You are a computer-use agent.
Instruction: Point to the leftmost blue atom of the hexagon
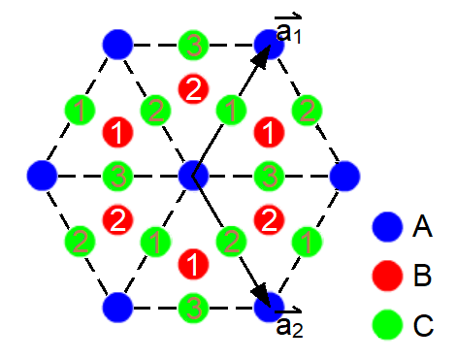pyautogui.click(x=41, y=176)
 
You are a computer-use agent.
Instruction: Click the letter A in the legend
pyautogui.click(x=422, y=229)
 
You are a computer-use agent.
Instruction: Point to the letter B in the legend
pyautogui.click(x=422, y=278)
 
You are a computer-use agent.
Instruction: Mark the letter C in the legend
pyautogui.click(x=422, y=325)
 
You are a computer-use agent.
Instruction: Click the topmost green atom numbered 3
pyautogui.click(x=193, y=44)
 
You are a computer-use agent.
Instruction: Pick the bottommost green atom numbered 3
pyautogui.click(x=193, y=309)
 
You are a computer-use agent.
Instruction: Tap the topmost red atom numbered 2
pyautogui.click(x=193, y=88)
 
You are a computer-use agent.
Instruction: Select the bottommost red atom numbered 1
pyautogui.click(x=193, y=262)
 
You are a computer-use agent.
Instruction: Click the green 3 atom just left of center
pyautogui.click(x=117, y=176)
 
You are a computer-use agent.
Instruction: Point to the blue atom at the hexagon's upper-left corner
pyautogui.click(x=117, y=44)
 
